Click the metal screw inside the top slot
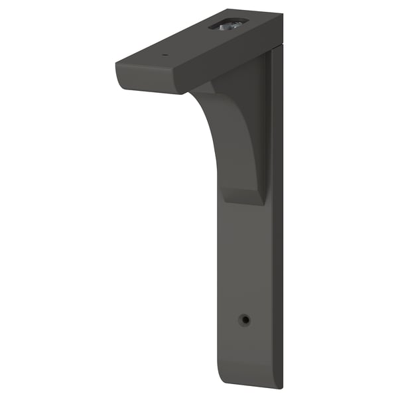tap(228, 25)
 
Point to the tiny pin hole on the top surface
tap(166, 54)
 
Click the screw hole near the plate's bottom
tap(245, 320)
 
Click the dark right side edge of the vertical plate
tap(277, 232)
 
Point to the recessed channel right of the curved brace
tap(268, 133)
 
